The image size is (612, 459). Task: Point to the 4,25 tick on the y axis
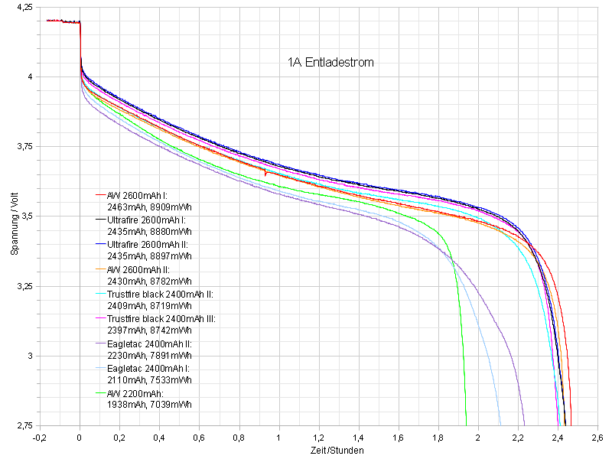(22, 7)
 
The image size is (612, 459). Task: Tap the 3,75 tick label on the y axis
(22, 147)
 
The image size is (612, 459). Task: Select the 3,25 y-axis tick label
(22, 286)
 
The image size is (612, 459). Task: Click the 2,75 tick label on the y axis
(22, 425)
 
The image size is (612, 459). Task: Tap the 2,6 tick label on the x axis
(597, 438)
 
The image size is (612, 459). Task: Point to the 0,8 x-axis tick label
(239, 438)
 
